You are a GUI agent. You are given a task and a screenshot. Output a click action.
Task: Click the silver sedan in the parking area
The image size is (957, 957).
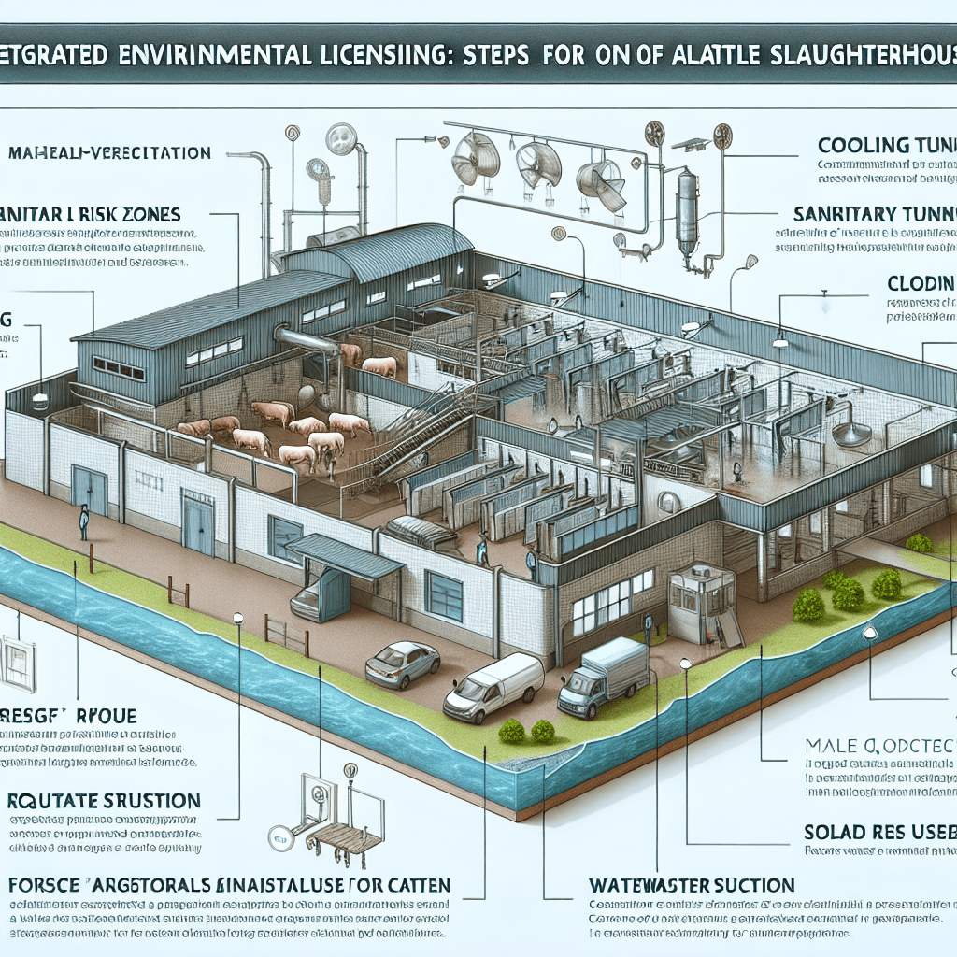[402, 663]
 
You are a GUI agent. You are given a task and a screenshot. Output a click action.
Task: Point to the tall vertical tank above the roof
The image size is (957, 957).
[688, 209]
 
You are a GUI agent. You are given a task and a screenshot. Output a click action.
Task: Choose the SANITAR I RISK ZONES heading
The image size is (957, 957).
[93, 215]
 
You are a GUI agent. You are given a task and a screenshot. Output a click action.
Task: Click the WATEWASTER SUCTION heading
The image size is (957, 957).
[692, 884]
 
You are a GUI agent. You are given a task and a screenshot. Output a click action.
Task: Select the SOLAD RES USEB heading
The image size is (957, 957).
[878, 831]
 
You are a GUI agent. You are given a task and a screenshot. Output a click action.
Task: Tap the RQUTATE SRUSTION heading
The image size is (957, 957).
[103, 801]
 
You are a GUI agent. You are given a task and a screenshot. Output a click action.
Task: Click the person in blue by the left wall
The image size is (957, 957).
[84, 521]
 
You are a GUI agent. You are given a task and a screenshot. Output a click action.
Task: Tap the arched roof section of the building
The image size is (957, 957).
[402, 250]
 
